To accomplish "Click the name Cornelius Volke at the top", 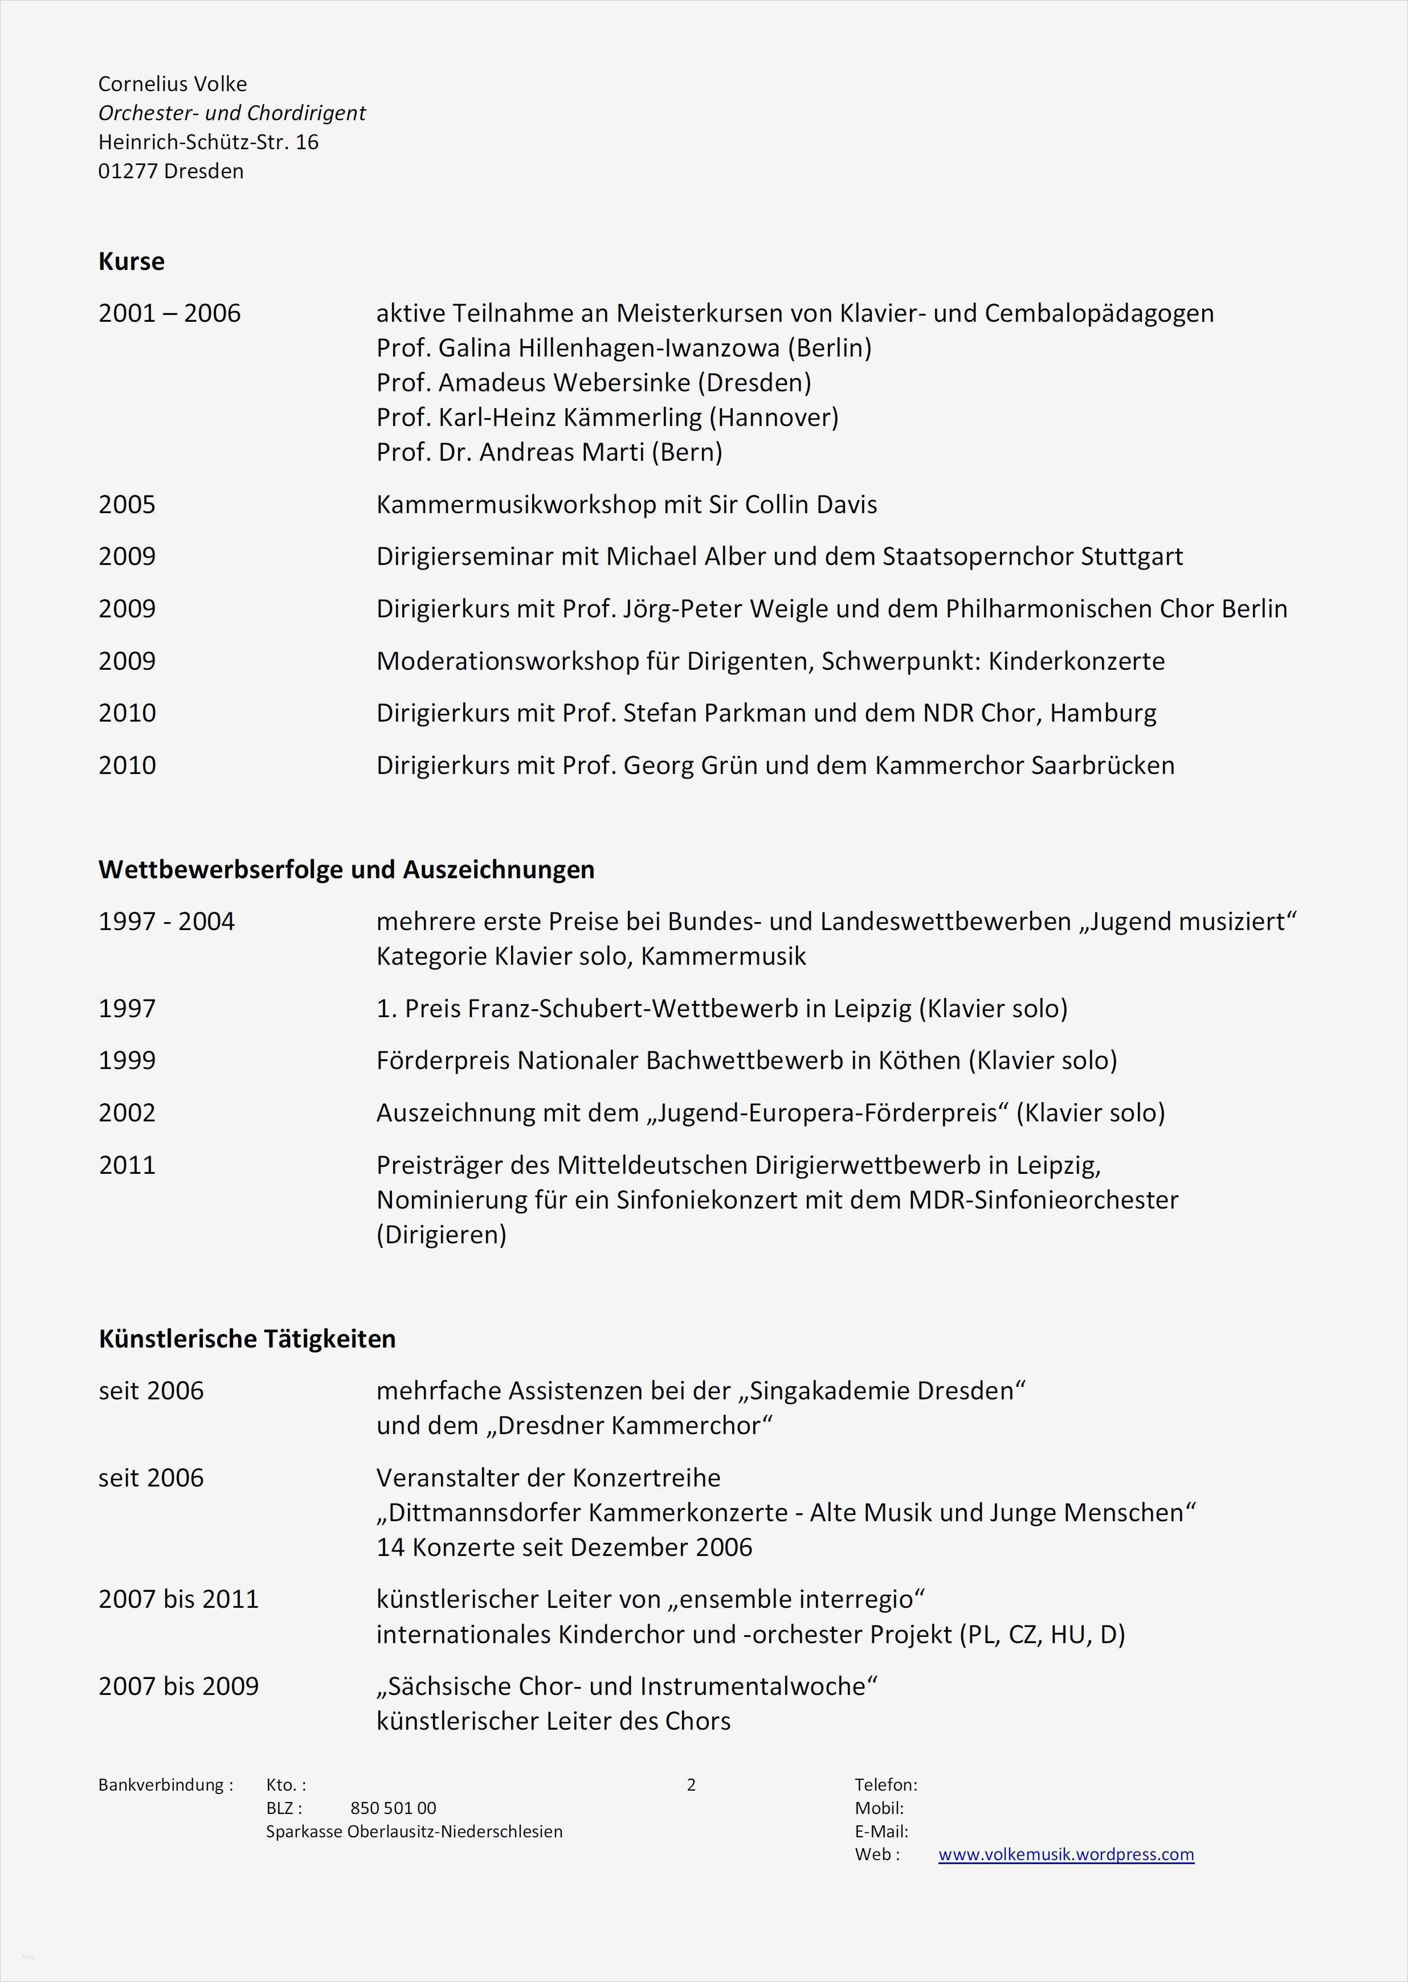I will tap(173, 84).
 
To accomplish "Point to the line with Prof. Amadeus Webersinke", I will tap(593, 382).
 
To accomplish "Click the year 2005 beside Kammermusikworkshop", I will tap(126, 505).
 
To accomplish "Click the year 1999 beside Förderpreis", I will tap(126, 1060).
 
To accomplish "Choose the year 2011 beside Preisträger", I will tap(126, 1165).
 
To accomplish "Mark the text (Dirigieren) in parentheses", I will tap(440, 1234).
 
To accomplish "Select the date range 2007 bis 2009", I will tap(178, 1686).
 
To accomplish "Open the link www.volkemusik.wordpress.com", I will tap(1066, 1854).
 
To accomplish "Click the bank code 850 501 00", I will tap(393, 1808).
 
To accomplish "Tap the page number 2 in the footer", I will tap(691, 1784).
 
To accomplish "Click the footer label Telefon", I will tap(885, 1784).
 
